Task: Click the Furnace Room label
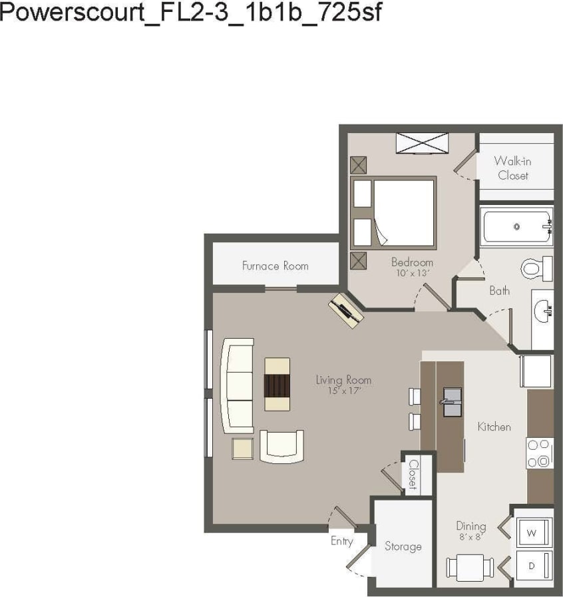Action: [275, 266]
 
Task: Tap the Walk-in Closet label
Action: [512, 168]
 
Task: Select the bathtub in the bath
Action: [517, 227]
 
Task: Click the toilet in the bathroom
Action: [536, 268]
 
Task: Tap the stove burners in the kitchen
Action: [540, 453]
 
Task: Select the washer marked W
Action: [532, 532]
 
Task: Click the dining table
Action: [470, 568]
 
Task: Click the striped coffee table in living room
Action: [278, 384]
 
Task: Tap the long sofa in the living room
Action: [238, 385]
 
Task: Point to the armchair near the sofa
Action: [281, 446]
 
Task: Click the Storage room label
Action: [403, 546]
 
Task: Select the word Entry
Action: [342, 541]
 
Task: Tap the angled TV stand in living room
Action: [346, 310]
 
